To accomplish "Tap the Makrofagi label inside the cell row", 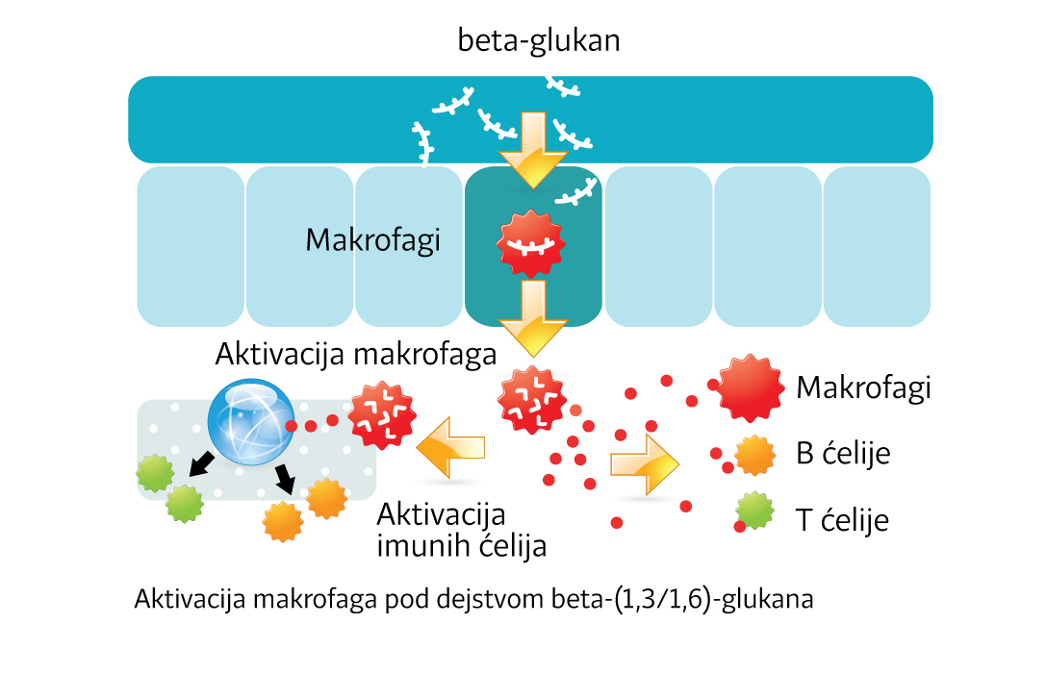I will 372,239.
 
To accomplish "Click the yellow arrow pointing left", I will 450,445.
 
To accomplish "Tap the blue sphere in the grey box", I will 251,422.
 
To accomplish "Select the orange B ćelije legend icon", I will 754,455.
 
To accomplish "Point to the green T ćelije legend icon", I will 754,512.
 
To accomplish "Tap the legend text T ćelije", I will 842,520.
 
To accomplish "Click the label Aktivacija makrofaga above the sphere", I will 356,355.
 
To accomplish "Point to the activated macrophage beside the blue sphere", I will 382,415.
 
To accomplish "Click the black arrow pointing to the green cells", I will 202,464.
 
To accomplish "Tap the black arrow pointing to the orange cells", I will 285,478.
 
